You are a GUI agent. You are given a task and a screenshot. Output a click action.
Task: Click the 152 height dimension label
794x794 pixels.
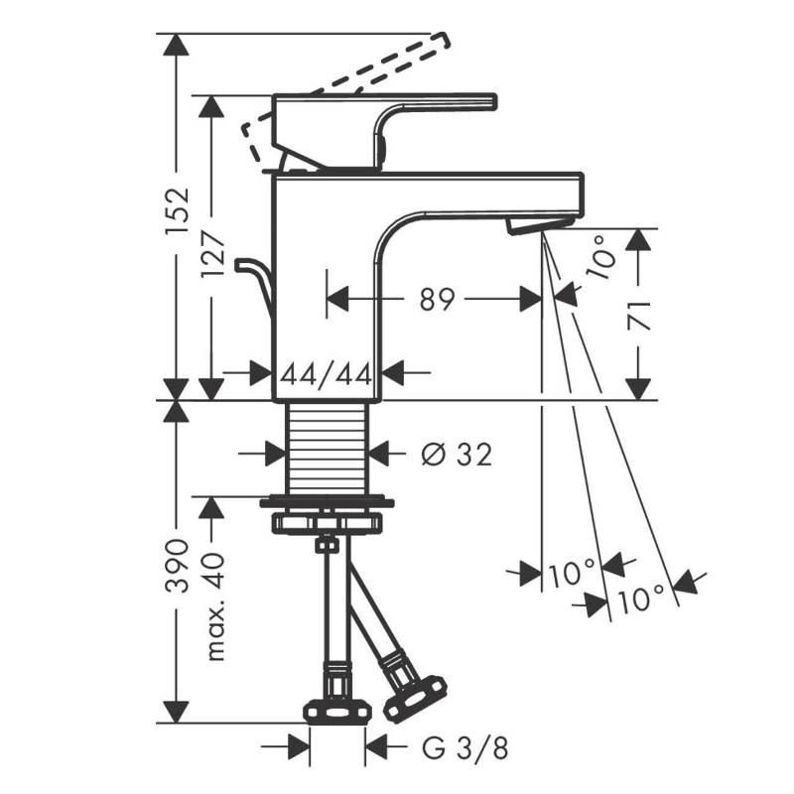[178, 211]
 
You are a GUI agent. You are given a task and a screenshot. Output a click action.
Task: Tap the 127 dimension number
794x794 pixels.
[212, 254]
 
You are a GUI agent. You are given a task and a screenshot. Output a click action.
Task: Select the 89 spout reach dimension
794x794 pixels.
[438, 300]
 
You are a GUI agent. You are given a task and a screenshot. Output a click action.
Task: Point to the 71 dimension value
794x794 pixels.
[638, 316]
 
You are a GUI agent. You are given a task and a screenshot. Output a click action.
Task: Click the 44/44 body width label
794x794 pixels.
[327, 375]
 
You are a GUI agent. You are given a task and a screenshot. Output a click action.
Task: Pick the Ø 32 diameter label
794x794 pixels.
[457, 455]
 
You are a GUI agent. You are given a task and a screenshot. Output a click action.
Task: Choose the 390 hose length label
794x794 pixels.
[178, 566]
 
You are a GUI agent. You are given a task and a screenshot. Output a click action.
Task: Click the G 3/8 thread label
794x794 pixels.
[464, 747]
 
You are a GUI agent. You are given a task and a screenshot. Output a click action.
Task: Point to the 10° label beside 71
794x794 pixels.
[602, 256]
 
